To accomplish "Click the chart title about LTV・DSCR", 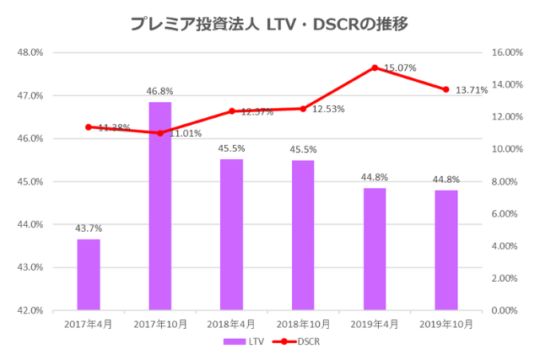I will click(x=269, y=24).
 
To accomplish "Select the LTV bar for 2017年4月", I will click(x=89, y=275).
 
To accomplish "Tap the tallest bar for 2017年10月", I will click(x=160, y=207).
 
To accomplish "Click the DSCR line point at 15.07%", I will click(x=375, y=67).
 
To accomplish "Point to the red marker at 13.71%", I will click(x=446, y=89).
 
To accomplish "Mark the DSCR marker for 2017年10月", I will click(x=160, y=133).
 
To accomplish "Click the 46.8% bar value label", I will click(x=160, y=92).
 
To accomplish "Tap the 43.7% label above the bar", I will click(x=89, y=228).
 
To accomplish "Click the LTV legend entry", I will click(x=246, y=341).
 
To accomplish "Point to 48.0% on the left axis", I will click(x=30, y=52).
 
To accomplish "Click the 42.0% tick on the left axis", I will click(x=30, y=310).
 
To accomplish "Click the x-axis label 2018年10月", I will click(x=303, y=323).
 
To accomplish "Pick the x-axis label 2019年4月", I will click(x=375, y=323).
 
